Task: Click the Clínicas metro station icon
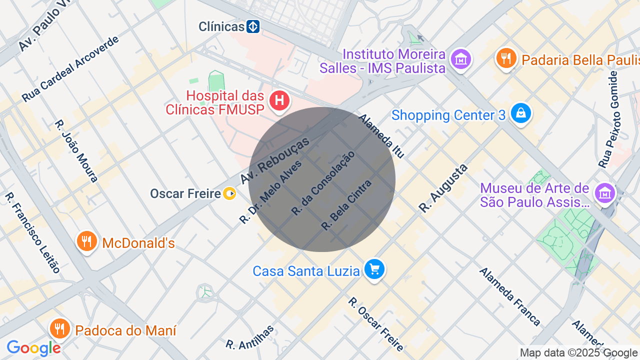(x=253, y=26)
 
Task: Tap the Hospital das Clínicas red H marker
(x=279, y=100)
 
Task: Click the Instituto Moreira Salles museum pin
(x=460, y=59)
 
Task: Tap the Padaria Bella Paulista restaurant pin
(x=506, y=58)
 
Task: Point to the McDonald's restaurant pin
(x=87, y=241)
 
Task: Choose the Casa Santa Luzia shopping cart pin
(x=374, y=269)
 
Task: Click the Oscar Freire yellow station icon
(x=229, y=193)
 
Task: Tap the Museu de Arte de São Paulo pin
(x=605, y=192)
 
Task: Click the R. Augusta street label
(x=443, y=188)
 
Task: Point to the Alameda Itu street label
(x=381, y=136)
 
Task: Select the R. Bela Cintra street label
(x=346, y=205)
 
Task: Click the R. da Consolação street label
(x=323, y=183)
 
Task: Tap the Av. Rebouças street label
(x=274, y=160)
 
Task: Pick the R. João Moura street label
(x=76, y=150)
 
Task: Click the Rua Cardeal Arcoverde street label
(x=70, y=69)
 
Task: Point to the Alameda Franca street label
(x=510, y=296)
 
